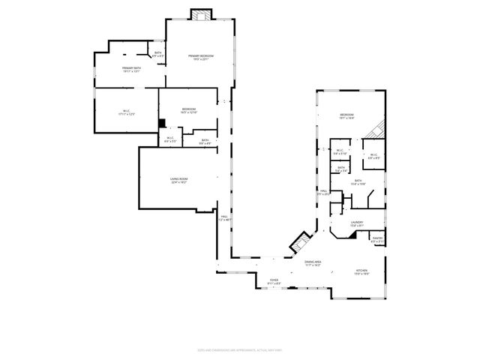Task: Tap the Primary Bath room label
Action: (x=132, y=70)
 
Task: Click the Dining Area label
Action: (x=312, y=263)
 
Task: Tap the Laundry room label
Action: (x=357, y=223)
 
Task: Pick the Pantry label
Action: (x=377, y=241)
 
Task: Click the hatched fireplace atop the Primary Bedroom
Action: (x=201, y=15)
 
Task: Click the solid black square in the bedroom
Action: (x=161, y=123)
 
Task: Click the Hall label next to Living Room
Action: (x=223, y=218)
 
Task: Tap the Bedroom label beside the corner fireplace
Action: (x=346, y=116)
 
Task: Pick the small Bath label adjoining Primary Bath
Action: (x=158, y=54)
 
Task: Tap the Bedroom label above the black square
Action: (x=188, y=111)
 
